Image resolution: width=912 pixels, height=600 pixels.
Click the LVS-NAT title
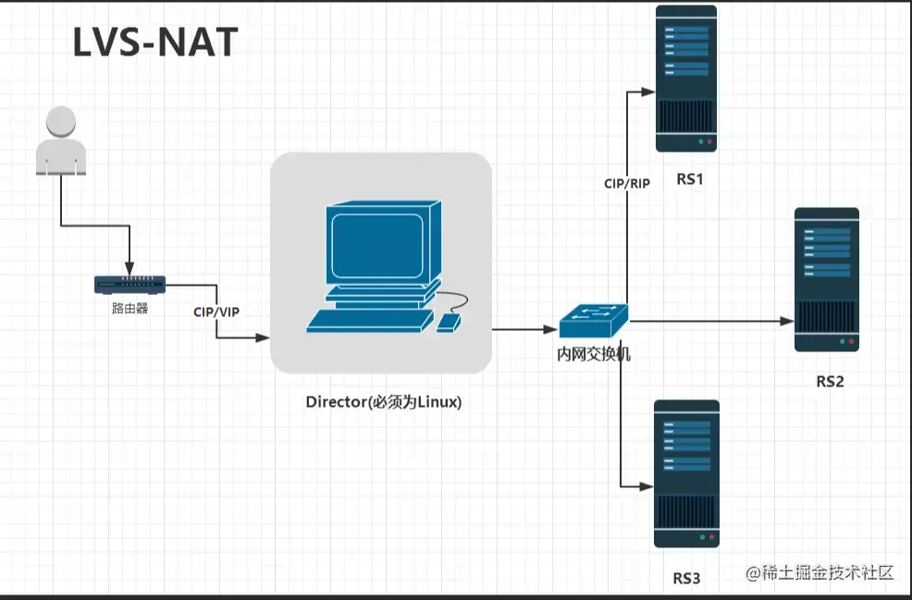[155, 43]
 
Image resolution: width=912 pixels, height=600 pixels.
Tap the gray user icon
[61, 141]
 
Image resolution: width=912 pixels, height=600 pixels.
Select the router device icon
[130, 284]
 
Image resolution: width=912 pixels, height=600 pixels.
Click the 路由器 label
[129, 309]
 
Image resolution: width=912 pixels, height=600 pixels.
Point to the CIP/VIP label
[216, 312]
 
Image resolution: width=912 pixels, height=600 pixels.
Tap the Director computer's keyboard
[369, 321]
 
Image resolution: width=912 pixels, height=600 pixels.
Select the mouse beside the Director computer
[449, 322]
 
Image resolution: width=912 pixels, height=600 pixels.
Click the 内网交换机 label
[593, 353]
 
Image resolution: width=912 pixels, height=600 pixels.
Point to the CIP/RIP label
[626, 184]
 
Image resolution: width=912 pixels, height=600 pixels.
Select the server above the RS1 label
[686, 79]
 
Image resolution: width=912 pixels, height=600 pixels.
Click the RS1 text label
[689, 179]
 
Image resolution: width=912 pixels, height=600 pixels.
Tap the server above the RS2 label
[826, 279]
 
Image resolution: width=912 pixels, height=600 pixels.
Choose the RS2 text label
[829, 381]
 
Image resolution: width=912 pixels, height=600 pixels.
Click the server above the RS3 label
[686, 473]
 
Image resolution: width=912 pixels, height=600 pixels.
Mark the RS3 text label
[686, 579]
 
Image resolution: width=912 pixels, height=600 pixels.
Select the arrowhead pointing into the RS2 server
[788, 322]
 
